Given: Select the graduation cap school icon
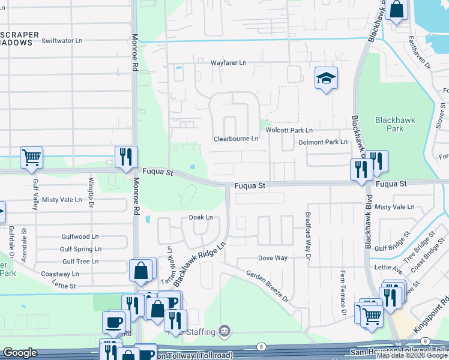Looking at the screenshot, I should pyautogui.click(x=326, y=78).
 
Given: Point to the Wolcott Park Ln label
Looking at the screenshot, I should pyautogui.click(x=290, y=130).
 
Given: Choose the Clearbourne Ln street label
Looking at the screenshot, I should pyautogui.click(x=236, y=139).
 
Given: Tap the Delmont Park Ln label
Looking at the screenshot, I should pyautogui.click(x=323, y=142).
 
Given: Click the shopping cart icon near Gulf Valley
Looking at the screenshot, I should pyautogui.click(x=31, y=158).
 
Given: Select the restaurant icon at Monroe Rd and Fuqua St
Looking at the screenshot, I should pyautogui.click(x=126, y=157).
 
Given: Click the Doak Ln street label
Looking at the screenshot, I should pyautogui.click(x=201, y=217).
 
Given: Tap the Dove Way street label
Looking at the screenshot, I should pyautogui.click(x=273, y=258).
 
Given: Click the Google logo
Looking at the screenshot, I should pyautogui.click(x=20, y=353).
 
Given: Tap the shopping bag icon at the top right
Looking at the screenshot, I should pyautogui.click(x=396, y=10).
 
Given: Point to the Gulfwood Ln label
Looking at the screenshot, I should pyautogui.click(x=79, y=237).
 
